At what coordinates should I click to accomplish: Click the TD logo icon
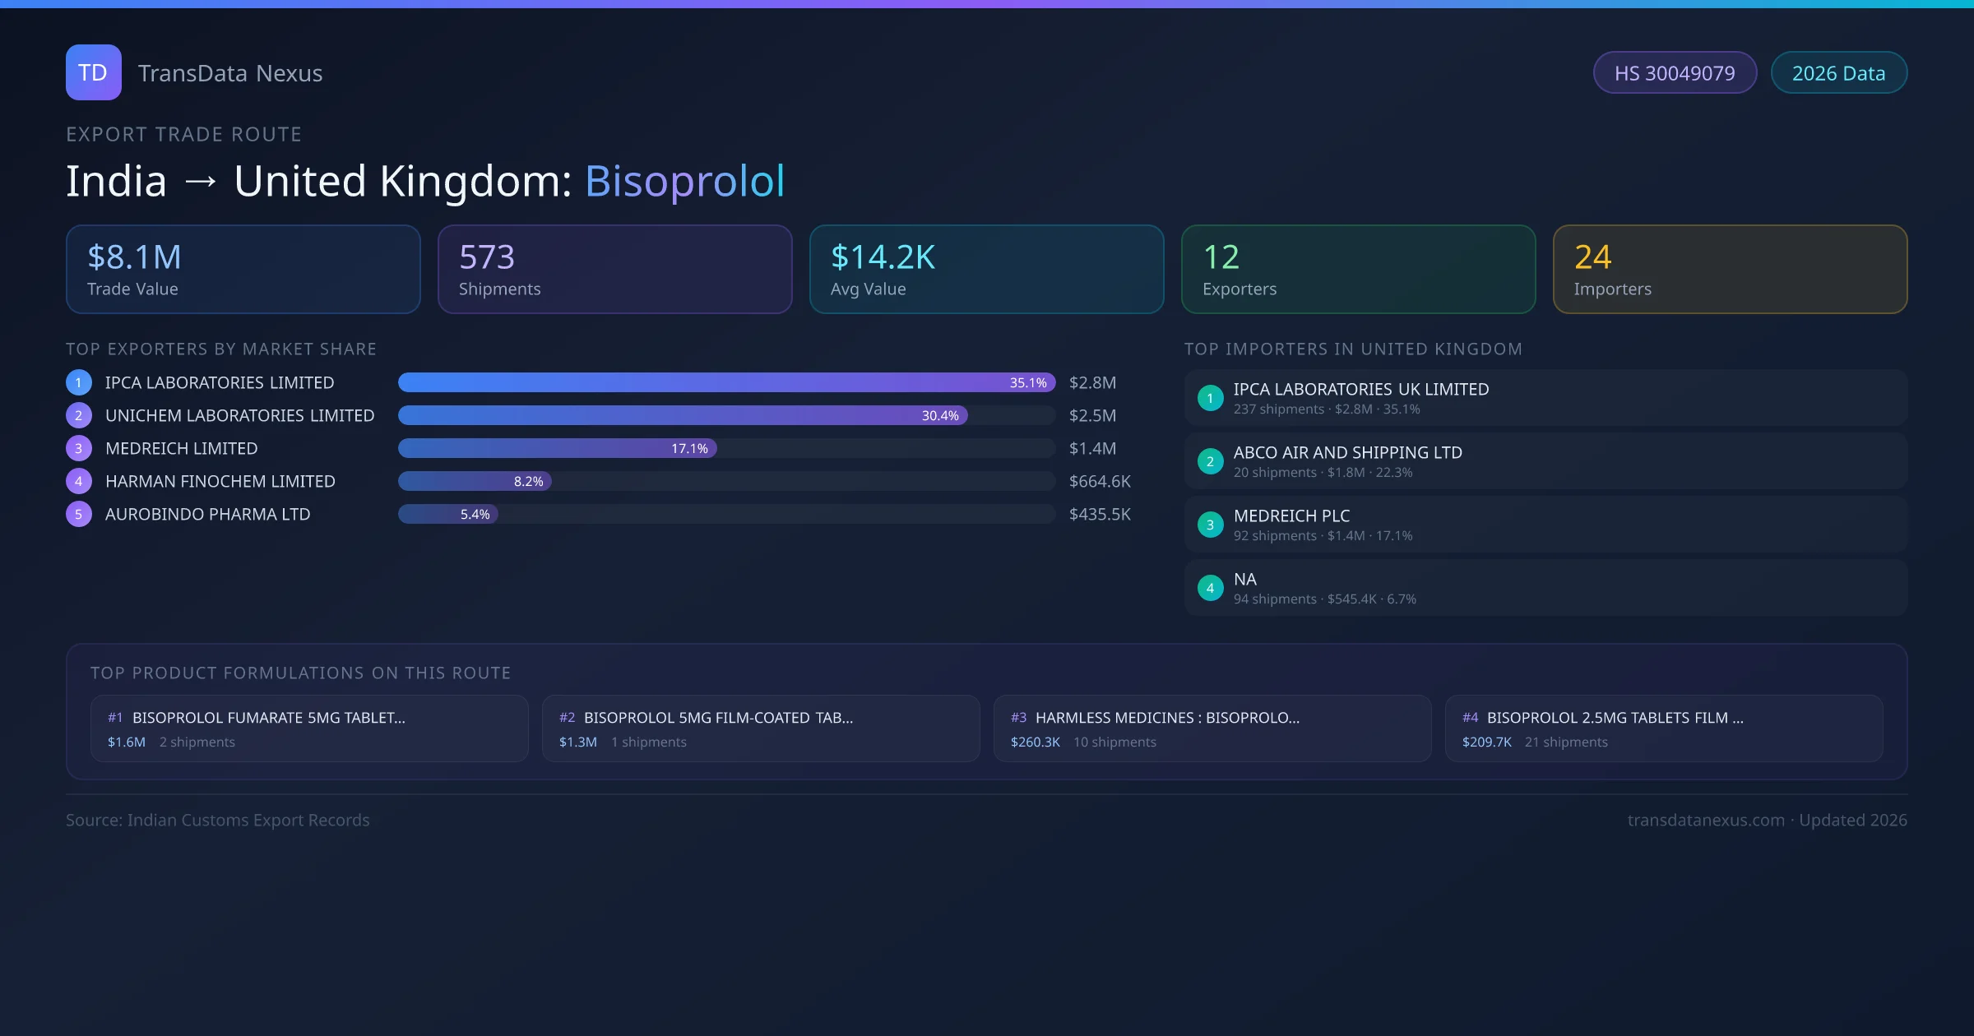point(93,72)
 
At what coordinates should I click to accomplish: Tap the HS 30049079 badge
point(1675,73)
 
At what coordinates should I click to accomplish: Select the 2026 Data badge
point(1838,73)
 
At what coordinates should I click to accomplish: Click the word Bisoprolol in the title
point(684,181)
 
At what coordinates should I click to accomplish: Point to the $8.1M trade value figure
point(134,257)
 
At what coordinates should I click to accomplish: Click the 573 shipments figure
point(487,257)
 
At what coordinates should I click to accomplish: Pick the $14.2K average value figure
point(883,257)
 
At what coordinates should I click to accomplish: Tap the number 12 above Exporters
point(1221,257)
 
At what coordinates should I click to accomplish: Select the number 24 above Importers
point(1592,257)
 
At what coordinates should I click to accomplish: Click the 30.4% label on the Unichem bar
point(940,416)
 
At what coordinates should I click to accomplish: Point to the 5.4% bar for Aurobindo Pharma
point(448,515)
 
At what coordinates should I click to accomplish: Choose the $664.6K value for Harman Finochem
point(1100,482)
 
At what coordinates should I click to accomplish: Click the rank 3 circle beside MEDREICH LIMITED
point(79,449)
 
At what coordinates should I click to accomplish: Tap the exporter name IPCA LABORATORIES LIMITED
point(220,383)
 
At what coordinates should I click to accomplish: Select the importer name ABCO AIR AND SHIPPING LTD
point(1347,453)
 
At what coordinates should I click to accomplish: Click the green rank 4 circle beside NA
point(1210,588)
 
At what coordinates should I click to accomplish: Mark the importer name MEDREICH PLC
point(1291,516)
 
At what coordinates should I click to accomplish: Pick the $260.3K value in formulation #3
point(1035,742)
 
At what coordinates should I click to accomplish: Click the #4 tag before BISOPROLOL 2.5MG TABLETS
point(1470,718)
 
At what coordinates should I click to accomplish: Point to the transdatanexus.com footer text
point(1706,821)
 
